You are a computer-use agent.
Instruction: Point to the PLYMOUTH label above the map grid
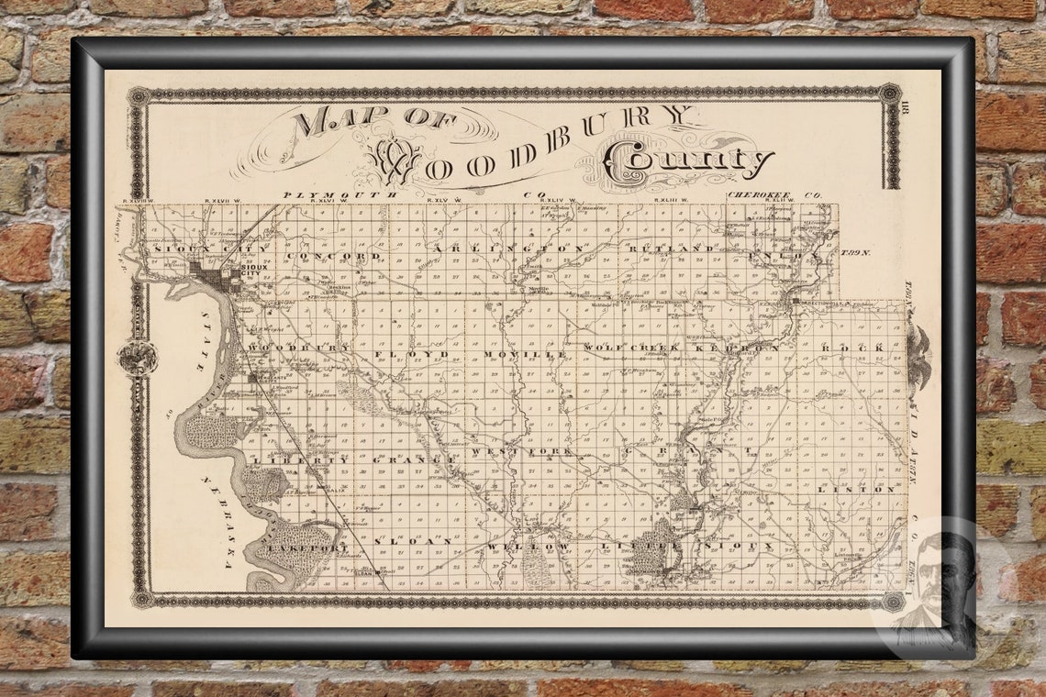click(x=340, y=194)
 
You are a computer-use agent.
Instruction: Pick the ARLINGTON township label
click(x=509, y=249)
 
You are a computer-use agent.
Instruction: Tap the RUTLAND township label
click(x=671, y=249)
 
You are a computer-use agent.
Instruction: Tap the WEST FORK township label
click(x=521, y=451)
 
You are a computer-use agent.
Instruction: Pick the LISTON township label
click(x=862, y=490)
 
